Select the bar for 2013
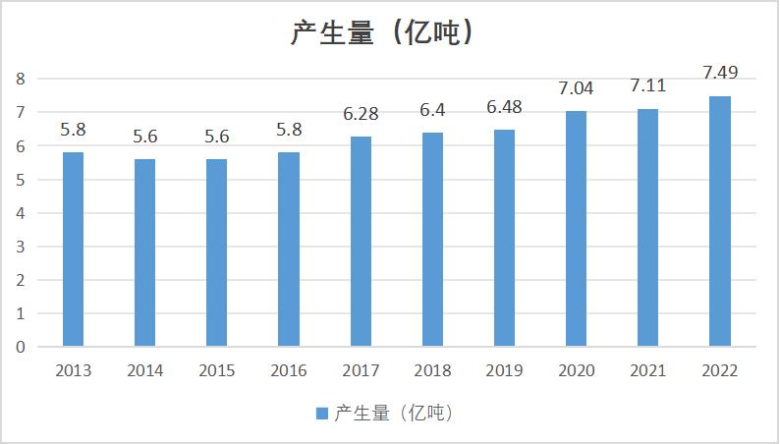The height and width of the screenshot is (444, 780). click(74, 250)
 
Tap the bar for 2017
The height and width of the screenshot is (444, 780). click(361, 242)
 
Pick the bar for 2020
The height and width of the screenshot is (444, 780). click(576, 229)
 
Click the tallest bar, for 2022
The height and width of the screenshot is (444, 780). click(720, 221)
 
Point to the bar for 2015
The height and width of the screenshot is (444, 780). click(217, 252)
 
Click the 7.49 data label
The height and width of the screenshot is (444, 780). click(720, 72)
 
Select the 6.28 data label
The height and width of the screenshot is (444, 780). click(361, 114)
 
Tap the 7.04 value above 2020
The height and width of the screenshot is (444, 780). click(576, 88)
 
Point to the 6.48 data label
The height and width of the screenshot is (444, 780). click(504, 107)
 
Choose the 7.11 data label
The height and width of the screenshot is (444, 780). click(647, 85)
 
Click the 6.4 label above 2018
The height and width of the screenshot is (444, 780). click(432, 110)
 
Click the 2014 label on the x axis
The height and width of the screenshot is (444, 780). click(145, 371)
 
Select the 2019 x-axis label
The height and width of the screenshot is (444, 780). click(504, 371)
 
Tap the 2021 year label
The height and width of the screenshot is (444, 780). click(647, 371)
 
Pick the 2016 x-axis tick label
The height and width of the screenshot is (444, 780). click(289, 371)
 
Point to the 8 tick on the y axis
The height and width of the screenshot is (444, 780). click(20, 79)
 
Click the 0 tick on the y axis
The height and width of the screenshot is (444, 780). click(20, 347)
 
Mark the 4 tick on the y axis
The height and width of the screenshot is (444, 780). click(20, 213)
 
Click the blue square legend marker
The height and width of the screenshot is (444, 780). click(322, 414)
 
